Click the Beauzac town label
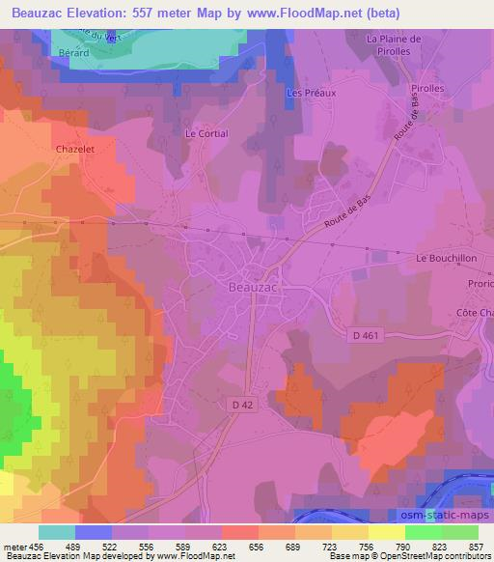click(x=255, y=286)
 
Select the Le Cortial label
click(x=206, y=134)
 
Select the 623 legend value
click(x=219, y=546)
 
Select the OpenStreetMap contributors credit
click(x=436, y=557)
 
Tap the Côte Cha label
click(x=473, y=313)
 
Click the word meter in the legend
click(x=15, y=546)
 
